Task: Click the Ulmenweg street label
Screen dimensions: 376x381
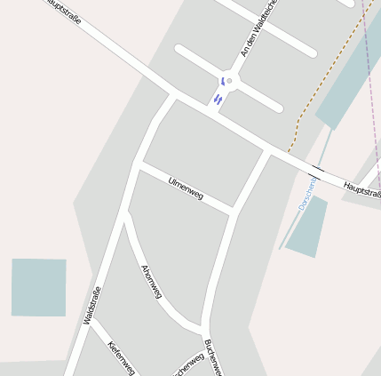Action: click(x=186, y=188)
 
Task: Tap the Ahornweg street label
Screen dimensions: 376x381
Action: click(x=152, y=281)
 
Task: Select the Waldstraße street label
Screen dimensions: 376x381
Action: click(x=92, y=305)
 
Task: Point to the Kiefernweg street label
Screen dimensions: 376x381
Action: click(x=121, y=358)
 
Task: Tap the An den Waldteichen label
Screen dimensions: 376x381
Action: click(x=259, y=28)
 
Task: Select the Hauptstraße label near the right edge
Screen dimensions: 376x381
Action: click(x=361, y=189)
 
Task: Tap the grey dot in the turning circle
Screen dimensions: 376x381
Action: click(x=229, y=81)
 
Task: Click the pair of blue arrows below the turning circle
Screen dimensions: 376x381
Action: click(x=218, y=99)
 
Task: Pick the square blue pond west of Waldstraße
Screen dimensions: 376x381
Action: click(x=38, y=287)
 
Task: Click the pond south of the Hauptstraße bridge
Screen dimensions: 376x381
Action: click(x=306, y=227)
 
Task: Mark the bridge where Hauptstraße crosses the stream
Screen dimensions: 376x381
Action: click(x=318, y=169)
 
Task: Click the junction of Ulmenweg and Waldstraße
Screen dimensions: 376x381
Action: click(x=137, y=163)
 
